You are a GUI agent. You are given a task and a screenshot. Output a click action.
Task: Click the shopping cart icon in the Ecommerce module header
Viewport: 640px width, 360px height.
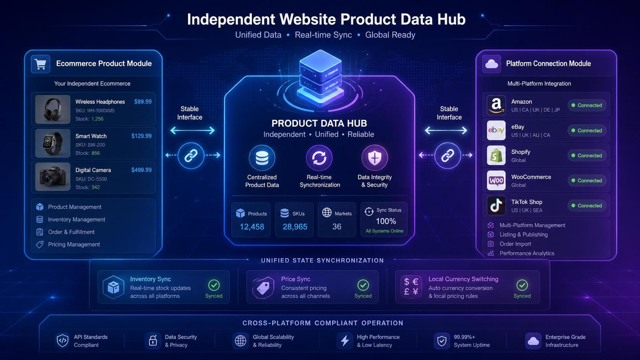[x=40, y=64]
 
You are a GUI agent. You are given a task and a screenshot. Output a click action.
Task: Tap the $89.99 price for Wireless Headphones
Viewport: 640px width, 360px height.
[x=143, y=102]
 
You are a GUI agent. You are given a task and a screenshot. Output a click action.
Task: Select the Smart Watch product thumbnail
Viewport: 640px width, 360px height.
[x=52, y=143]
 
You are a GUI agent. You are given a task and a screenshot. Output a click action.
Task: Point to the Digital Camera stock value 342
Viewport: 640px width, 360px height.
[x=95, y=187]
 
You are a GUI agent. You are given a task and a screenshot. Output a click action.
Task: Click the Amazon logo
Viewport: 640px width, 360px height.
[x=496, y=105]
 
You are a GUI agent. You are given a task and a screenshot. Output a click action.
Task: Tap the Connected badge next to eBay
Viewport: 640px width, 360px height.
[x=587, y=130]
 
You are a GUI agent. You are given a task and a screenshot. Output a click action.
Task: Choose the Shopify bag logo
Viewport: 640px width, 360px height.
[x=496, y=155]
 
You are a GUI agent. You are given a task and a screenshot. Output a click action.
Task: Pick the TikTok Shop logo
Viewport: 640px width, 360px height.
[x=496, y=205]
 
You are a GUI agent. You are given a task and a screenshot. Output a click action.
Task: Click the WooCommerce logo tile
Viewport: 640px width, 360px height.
[x=496, y=181]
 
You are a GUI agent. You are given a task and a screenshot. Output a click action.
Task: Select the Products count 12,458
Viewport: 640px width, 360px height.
[x=252, y=227]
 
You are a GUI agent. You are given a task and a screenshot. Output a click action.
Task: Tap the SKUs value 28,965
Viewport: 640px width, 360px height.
[x=295, y=227]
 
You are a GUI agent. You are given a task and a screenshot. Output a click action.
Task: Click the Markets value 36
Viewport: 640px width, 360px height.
[x=336, y=227]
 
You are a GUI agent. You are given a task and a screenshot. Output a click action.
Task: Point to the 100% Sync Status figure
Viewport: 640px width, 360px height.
[x=386, y=221]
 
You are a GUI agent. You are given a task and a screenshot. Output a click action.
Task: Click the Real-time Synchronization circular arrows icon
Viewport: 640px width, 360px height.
[x=319, y=158]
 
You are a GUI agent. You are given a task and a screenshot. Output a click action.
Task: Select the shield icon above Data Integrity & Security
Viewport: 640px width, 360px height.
[x=375, y=158]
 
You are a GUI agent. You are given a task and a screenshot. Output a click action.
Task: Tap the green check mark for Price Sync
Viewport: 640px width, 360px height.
[x=363, y=285]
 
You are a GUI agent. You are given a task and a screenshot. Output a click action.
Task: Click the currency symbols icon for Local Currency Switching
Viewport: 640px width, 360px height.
[x=411, y=287]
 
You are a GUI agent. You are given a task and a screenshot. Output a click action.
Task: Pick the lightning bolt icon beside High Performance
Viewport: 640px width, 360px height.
[x=345, y=340]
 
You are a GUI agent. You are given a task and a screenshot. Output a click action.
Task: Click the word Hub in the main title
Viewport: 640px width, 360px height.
[x=451, y=20]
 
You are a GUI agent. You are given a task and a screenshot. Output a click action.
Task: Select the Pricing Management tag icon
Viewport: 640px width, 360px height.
[x=40, y=244]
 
